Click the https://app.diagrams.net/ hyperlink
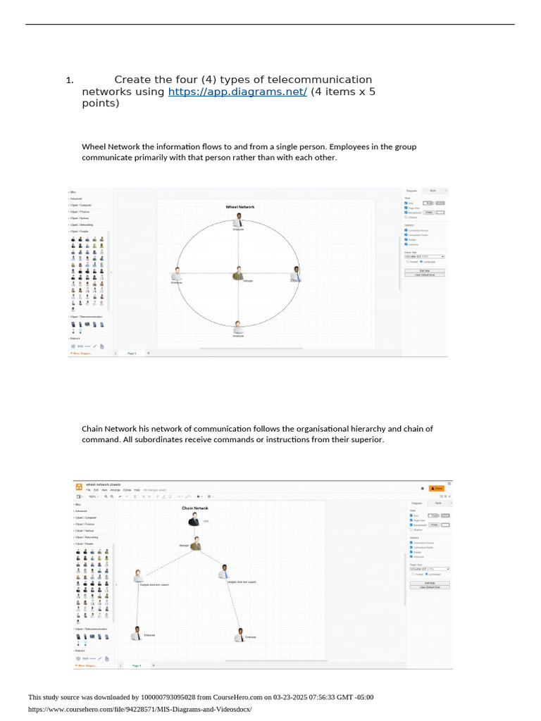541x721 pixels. (x=237, y=92)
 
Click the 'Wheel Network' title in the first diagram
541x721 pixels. (x=240, y=207)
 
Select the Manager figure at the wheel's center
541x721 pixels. (x=239, y=273)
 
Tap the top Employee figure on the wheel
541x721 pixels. (x=239, y=220)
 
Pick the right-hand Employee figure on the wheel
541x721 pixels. (x=297, y=273)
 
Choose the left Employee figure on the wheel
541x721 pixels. (x=177, y=274)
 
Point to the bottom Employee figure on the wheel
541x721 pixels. (x=239, y=327)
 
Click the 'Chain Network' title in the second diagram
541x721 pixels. (x=195, y=508)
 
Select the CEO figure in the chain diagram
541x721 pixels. (x=194, y=520)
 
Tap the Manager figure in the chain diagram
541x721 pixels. (x=196, y=543)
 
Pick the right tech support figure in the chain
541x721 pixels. (x=224, y=572)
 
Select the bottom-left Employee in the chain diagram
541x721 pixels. (x=137, y=633)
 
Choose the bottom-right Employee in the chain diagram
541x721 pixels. (x=240, y=635)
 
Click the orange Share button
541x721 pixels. (x=438, y=487)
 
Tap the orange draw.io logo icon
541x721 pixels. (x=79, y=486)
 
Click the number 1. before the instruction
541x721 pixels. (x=70, y=80)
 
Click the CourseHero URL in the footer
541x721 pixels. (x=139, y=709)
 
